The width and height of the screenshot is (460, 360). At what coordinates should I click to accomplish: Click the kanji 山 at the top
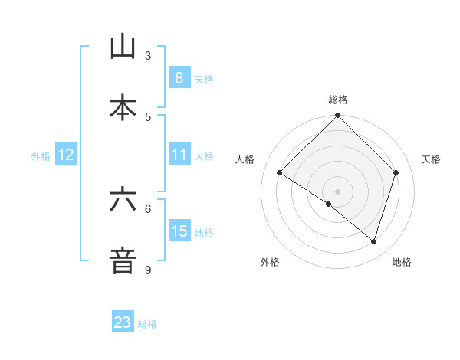coord(123,47)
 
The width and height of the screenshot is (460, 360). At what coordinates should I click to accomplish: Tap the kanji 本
coord(123,107)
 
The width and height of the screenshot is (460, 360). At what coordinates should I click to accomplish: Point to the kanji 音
coord(123,260)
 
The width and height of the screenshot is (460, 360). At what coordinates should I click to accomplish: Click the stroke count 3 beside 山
coord(148,56)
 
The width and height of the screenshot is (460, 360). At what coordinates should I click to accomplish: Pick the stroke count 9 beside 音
coord(148,270)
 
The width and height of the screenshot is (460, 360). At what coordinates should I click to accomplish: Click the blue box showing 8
coord(179,77)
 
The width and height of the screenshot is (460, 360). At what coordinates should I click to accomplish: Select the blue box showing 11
coord(179,155)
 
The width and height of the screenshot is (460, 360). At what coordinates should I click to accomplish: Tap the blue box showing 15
coord(179,231)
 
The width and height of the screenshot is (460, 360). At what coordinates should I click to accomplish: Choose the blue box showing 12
coord(65,155)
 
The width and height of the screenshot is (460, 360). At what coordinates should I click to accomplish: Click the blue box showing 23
coord(123,322)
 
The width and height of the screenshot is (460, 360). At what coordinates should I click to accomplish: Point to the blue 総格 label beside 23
coord(147,324)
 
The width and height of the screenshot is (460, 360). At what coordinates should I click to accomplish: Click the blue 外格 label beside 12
coord(41,156)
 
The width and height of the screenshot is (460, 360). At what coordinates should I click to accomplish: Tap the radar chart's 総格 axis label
coord(338,100)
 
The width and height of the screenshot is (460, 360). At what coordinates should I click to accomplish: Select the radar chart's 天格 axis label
coord(432,159)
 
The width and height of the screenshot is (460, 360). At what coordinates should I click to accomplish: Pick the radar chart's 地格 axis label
coord(402,262)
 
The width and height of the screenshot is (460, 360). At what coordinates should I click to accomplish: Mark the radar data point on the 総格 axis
coord(338,116)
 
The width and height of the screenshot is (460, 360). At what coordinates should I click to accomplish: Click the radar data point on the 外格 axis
coord(329,204)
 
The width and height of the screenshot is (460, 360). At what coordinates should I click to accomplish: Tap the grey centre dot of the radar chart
coord(338,191)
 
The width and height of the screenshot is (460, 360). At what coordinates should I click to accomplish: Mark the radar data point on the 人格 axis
coord(280,172)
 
